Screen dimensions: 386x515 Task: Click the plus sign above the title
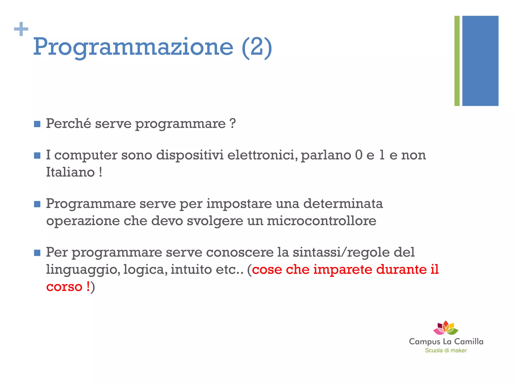[21, 29]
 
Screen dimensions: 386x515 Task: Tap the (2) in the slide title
[256, 47]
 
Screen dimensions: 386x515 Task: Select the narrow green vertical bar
[457, 61]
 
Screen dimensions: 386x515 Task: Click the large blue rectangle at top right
[480, 61]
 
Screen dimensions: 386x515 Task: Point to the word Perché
[68, 124]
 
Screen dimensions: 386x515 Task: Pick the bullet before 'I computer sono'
[37, 156]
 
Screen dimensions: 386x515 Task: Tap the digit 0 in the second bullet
[359, 155]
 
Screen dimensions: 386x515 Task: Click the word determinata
[343, 203]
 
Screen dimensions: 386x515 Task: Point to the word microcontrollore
[321, 221]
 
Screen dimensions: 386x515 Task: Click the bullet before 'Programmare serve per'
[37, 204]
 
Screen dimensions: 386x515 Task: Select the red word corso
[64, 287]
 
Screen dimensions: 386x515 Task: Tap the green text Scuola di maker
[446, 350]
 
